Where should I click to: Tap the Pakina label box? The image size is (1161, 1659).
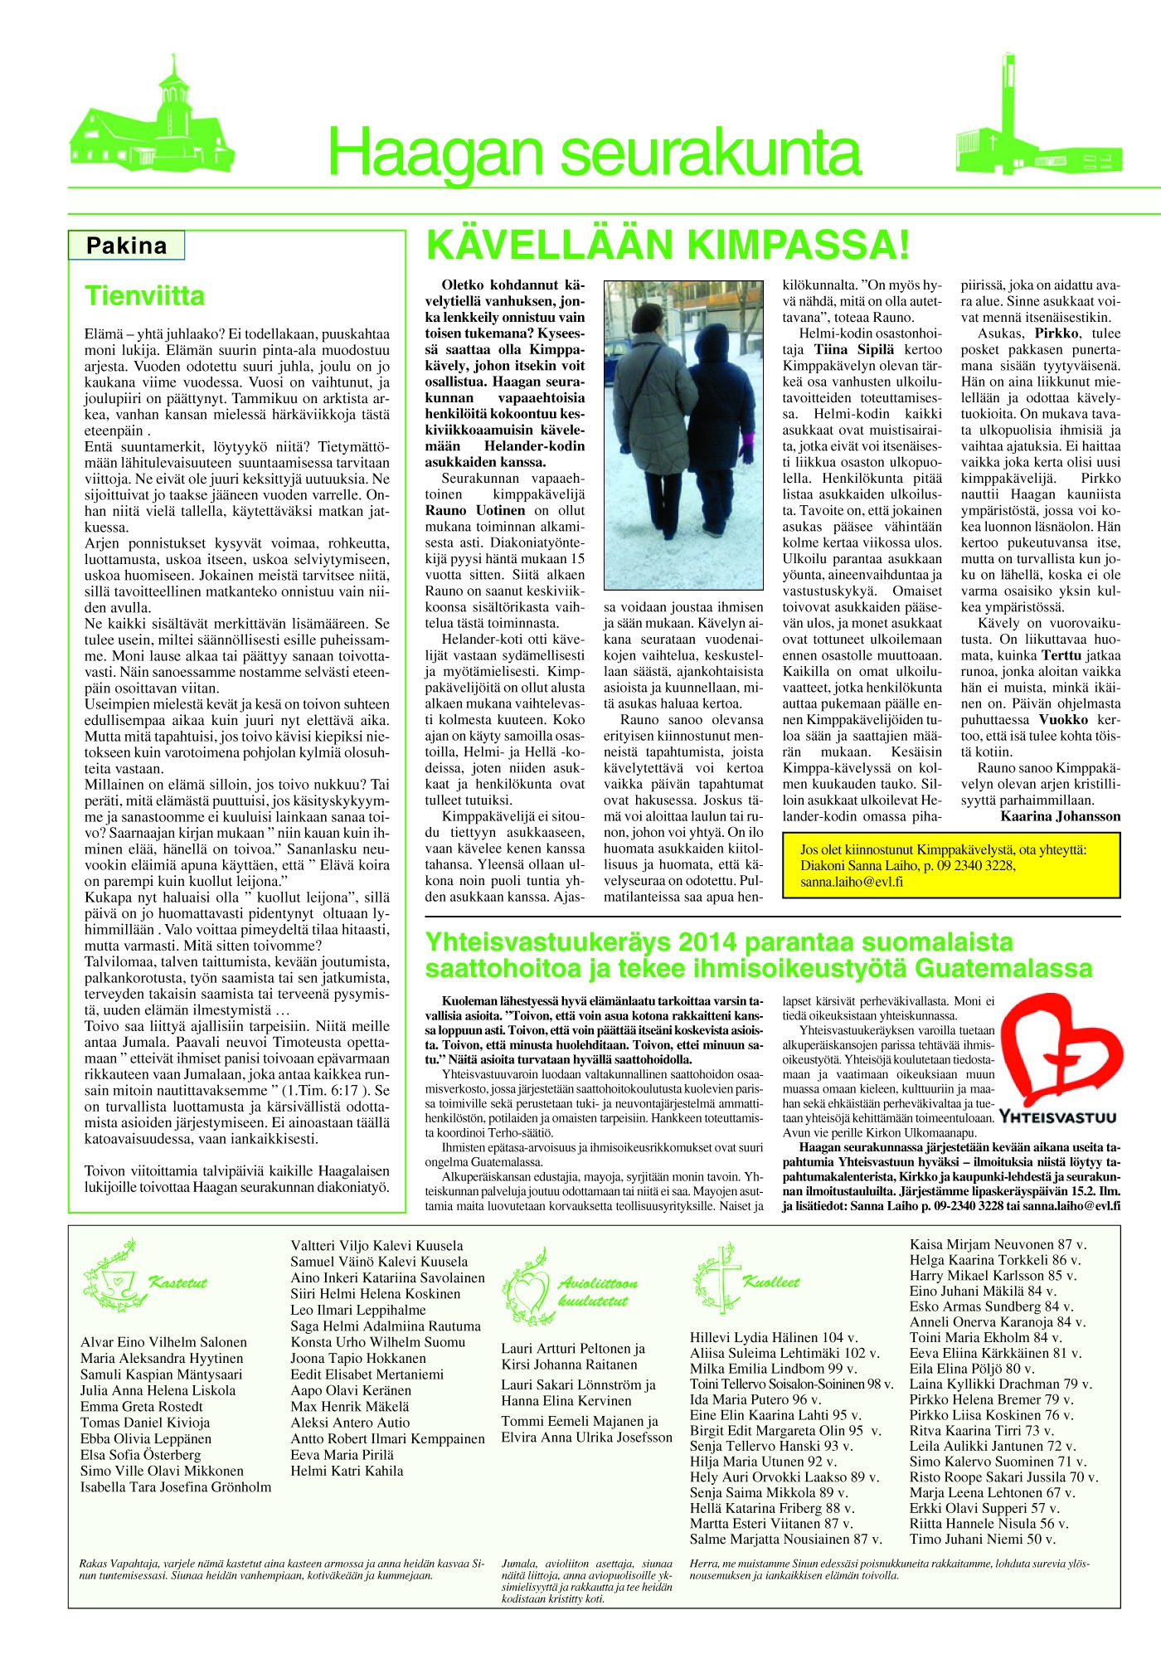(x=126, y=246)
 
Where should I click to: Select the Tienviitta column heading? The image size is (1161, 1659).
(x=145, y=296)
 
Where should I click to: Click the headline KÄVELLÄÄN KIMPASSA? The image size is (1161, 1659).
(x=668, y=246)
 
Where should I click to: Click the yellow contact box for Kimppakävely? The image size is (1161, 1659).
(x=950, y=866)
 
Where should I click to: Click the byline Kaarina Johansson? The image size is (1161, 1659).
(x=1060, y=816)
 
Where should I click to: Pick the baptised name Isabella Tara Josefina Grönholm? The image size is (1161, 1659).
(x=176, y=1487)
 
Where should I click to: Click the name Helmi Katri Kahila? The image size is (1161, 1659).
(x=347, y=1472)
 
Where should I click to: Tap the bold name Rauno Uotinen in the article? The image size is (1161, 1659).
(x=475, y=510)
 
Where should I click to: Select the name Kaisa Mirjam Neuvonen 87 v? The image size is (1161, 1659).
(x=998, y=1244)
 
